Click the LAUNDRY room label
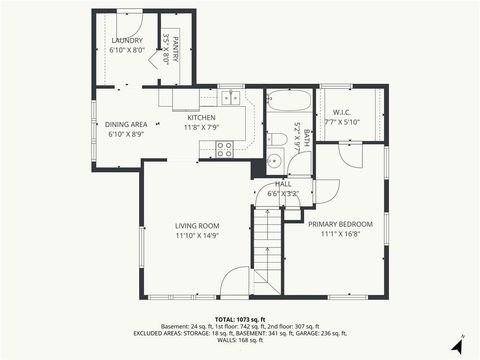pyautogui.click(x=126, y=40)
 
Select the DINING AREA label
pyautogui.click(x=126, y=124)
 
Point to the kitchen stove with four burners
pyautogui.click(x=225, y=148)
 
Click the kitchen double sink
pyautogui.click(x=232, y=98)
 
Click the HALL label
pyautogui.click(x=284, y=183)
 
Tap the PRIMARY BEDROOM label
pyautogui.click(x=340, y=224)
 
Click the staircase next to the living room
pyautogui.click(x=266, y=250)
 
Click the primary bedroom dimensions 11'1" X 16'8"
pyautogui.click(x=340, y=234)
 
